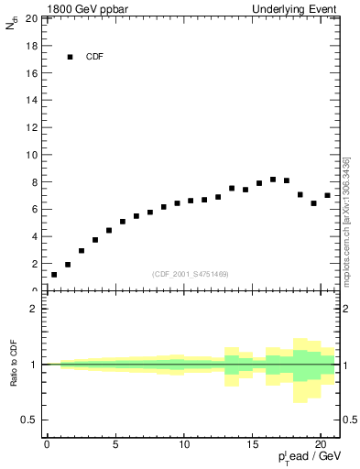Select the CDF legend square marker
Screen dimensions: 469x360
70,57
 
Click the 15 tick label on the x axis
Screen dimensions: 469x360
252,444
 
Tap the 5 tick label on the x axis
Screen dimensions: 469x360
115,444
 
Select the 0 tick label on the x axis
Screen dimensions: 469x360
47,444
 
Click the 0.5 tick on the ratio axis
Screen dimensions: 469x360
29,420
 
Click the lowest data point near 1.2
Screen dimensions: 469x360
54,274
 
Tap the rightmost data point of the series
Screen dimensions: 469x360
327,195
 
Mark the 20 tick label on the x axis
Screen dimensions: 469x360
321,444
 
